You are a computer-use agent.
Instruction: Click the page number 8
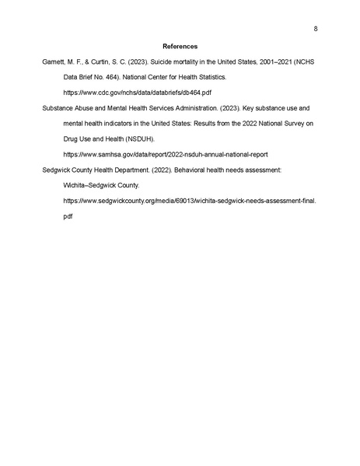tap(315, 30)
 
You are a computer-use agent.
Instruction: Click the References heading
tap(180, 46)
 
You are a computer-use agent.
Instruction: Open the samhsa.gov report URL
tap(165, 155)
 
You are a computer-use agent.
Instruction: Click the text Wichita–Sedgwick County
tap(100, 185)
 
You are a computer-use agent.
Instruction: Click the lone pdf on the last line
tap(68, 216)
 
